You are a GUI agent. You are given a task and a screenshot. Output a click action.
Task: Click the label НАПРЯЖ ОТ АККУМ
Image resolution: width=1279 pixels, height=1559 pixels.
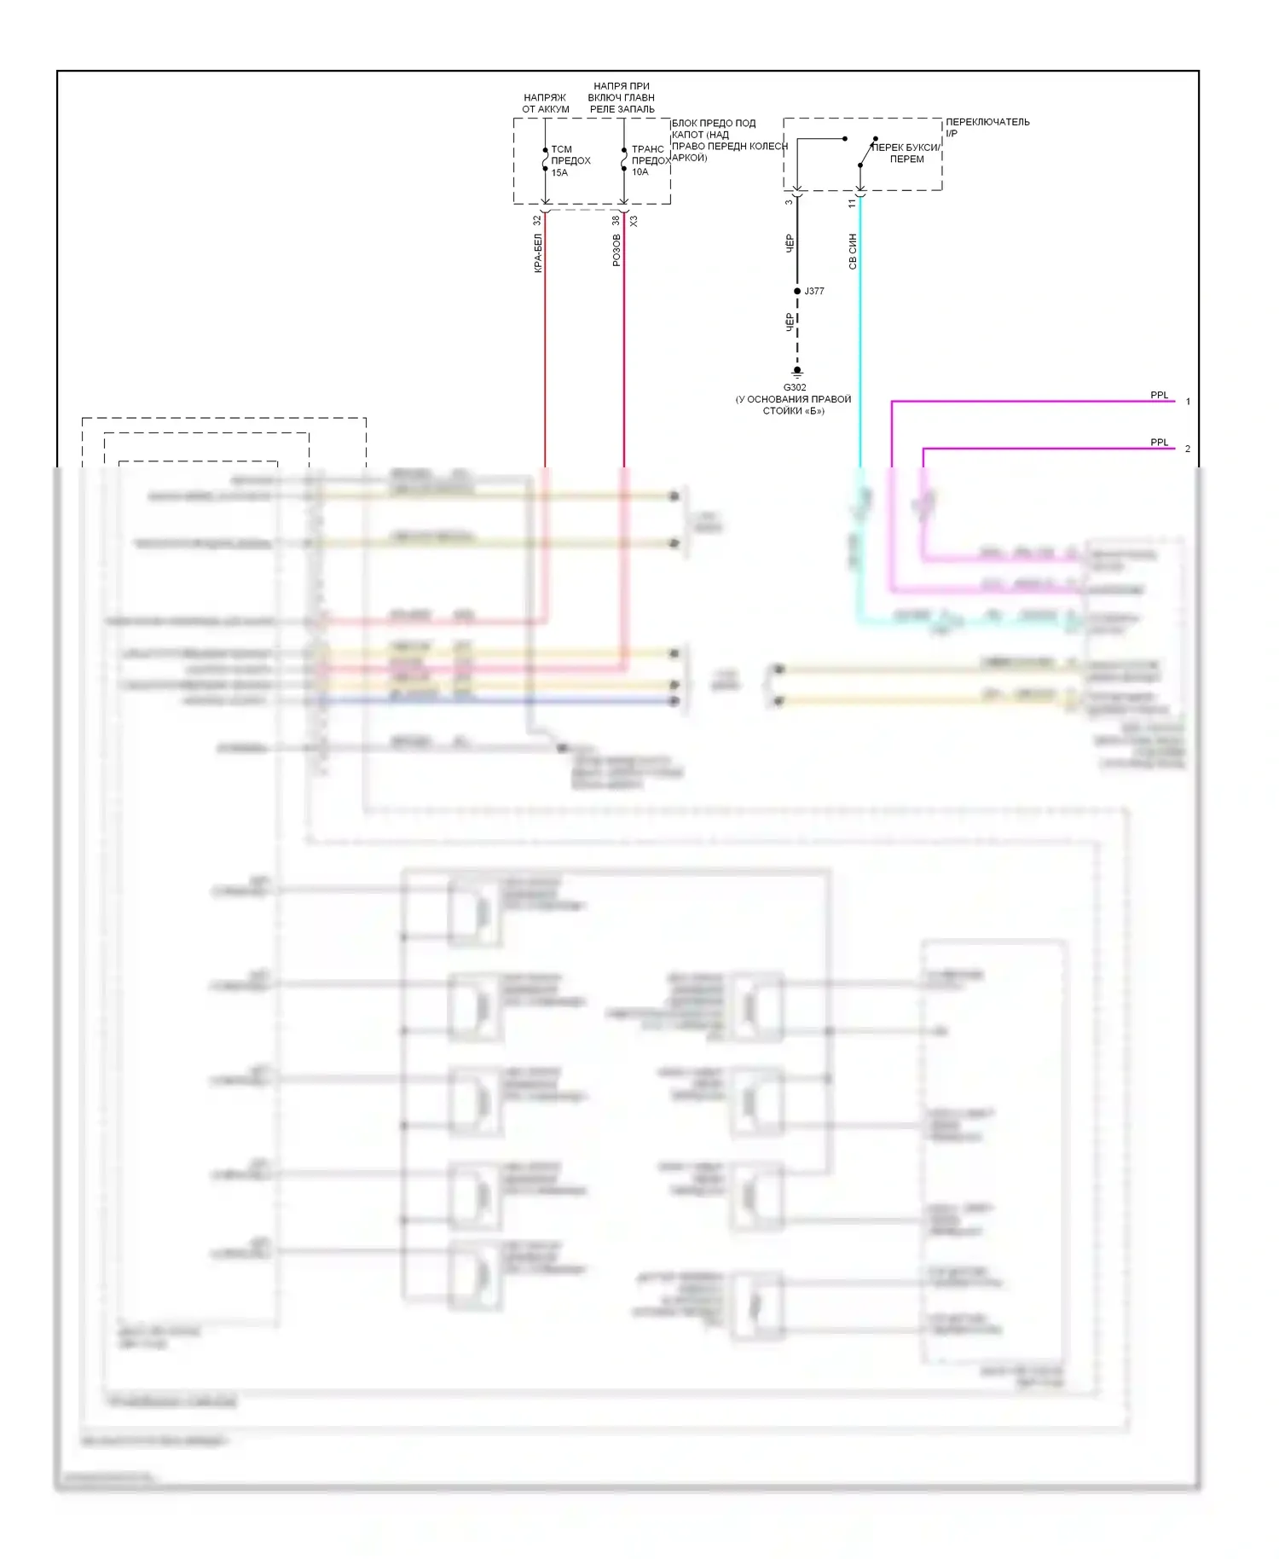pos(546,103)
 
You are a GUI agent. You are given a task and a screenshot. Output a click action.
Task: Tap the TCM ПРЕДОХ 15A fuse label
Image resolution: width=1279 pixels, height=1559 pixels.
pos(570,160)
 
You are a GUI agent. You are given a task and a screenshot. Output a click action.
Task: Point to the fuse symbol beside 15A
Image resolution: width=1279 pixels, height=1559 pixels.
pos(545,159)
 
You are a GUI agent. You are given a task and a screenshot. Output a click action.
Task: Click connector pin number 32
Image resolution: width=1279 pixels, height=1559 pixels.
pos(537,220)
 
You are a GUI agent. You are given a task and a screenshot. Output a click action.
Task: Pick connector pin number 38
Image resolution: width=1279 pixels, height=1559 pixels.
pos(616,220)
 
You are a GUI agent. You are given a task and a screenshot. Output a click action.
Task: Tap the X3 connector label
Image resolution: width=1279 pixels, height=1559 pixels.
pos(634,220)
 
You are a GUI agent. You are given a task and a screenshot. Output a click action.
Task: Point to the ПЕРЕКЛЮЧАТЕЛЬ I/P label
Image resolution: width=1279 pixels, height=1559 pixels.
pos(987,127)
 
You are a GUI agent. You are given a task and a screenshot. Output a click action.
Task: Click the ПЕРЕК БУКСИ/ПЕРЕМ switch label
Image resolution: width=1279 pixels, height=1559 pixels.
pos(906,154)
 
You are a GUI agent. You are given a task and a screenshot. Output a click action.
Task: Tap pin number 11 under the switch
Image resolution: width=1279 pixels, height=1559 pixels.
pos(852,204)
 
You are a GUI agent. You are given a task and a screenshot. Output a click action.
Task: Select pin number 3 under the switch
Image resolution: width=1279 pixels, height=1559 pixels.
pos(789,202)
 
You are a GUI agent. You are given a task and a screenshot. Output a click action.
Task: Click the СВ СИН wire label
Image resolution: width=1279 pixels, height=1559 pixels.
pos(852,252)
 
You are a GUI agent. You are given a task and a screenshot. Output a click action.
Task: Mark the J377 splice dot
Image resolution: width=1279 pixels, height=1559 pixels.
pos(797,291)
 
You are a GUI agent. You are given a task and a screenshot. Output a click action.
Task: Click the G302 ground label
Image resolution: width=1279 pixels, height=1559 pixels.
pos(795,387)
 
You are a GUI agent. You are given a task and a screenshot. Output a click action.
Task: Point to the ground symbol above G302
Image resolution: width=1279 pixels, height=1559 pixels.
pos(797,373)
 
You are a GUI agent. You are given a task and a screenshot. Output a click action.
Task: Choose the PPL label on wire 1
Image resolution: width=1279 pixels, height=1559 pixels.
pos(1160,395)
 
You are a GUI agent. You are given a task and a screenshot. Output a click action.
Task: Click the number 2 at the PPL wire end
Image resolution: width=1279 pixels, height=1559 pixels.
pos(1187,449)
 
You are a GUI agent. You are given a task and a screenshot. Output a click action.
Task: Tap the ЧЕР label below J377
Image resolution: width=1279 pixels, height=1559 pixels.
pos(789,322)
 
